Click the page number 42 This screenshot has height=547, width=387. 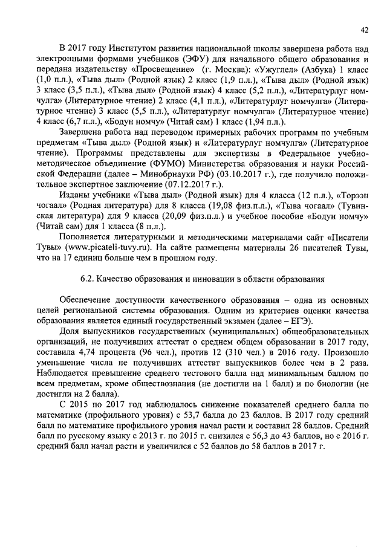[x=364, y=29]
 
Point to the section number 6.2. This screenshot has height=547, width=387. [x=87, y=280]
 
